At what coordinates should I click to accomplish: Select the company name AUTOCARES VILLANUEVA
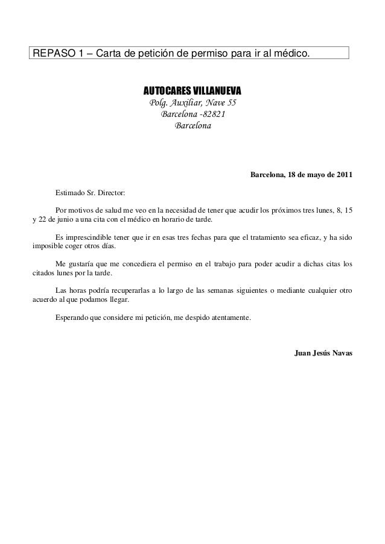(x=192, y=91)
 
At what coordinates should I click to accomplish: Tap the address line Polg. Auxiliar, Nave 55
(x=192, y=103)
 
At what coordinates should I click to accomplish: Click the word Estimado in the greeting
(x=69, y=193)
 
